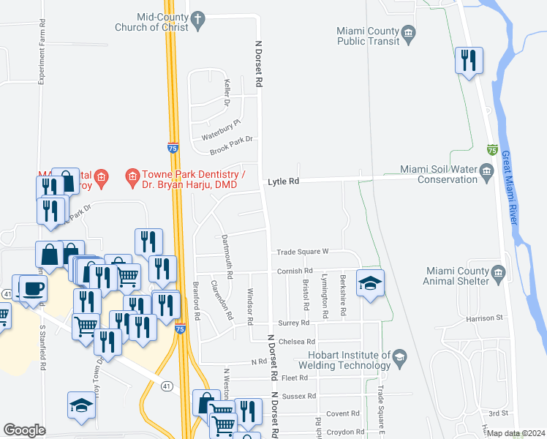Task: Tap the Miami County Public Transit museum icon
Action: click(x=409, y=31)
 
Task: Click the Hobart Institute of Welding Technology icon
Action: click(x=399, y=356)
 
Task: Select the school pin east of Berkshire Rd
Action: click(x=370, y=282)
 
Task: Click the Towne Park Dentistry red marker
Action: click(x=132, y=176)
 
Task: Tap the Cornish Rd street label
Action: click(x=295, y=271)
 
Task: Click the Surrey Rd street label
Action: click(x=293, y=323)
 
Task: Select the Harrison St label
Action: click(x=486, y=318)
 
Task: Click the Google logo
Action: click(x=24, y=430)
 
